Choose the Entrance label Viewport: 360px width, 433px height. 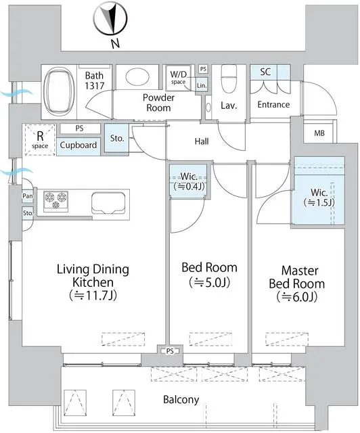coord(273,105)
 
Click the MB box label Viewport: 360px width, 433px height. coord(319,133)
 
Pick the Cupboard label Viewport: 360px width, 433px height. coord(78,145)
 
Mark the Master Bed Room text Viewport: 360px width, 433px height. coord(297,283)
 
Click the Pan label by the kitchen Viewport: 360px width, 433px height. coord(28,196)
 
